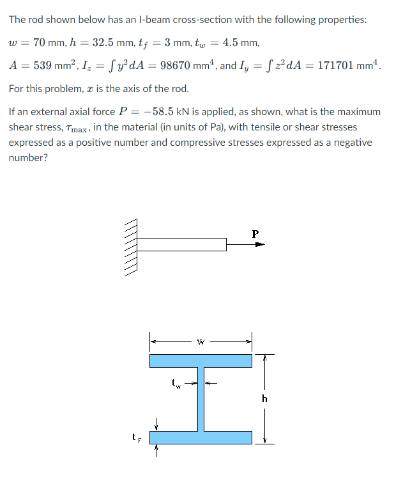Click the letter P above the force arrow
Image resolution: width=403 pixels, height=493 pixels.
click(x=255, y=233)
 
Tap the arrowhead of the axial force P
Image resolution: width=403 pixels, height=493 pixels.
click(x=260, y=244)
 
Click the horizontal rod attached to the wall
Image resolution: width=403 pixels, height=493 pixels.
click(x=181, y=244)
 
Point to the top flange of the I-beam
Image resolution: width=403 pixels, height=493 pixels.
click(x=201, y=361)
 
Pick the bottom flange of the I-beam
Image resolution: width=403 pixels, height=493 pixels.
click(x=201, y=437)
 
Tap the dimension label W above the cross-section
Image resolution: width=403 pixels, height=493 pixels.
click(x=201, y=340)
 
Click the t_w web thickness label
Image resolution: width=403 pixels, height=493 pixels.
click(x=177, y=385)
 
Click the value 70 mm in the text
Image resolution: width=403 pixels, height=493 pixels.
click(x=47, y=43)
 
